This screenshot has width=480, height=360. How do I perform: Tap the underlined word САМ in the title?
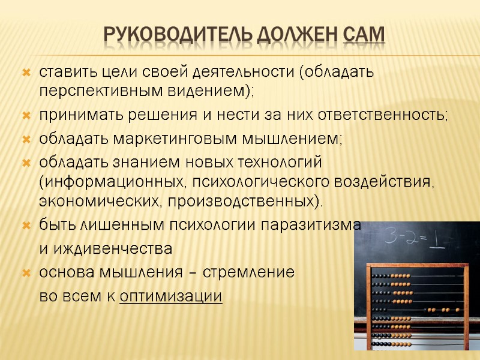362,36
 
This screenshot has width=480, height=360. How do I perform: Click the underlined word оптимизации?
171,296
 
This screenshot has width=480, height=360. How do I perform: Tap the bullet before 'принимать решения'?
26,116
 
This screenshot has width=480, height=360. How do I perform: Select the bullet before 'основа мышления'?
26,273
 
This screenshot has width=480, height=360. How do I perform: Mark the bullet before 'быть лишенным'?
26,226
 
